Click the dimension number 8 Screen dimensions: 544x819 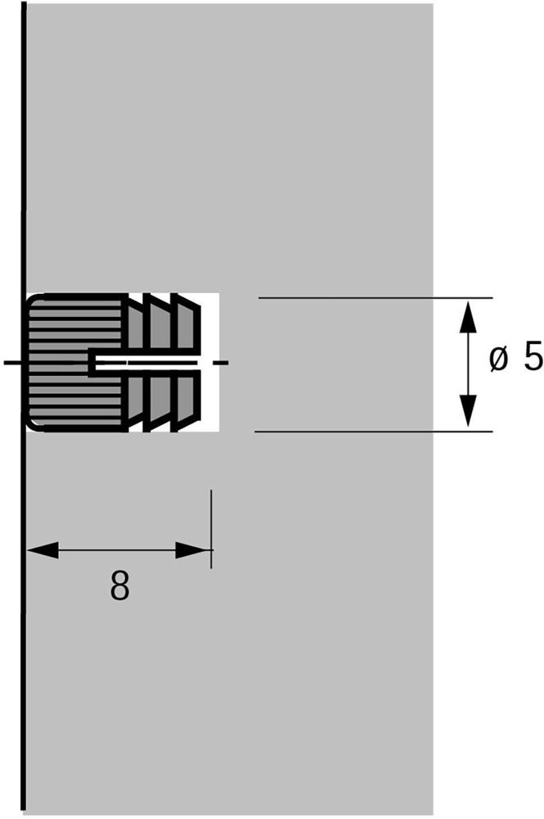[119, 586]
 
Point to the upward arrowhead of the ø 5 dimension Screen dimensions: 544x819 [469, 316]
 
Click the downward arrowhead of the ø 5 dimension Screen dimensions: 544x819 [469, 411]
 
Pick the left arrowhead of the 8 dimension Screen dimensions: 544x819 [43, 550]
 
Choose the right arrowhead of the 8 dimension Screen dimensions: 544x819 [194, 550]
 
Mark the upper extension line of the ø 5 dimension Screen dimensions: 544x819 [375, 298]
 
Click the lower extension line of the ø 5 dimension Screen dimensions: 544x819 [374, 432]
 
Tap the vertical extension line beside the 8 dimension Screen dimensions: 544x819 [211, 528]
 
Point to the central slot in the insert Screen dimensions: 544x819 [143, 363]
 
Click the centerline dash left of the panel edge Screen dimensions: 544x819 [12, 362]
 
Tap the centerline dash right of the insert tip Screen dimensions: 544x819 [223, 362]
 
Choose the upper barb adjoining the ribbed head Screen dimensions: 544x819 [136, 324]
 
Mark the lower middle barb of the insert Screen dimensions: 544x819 [159, 400]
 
